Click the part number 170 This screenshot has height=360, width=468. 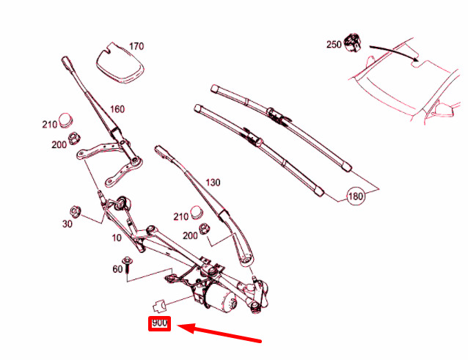[x=136, y=46]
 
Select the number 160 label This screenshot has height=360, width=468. [x=117, y=109]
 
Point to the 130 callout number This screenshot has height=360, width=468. [x=213, y=182]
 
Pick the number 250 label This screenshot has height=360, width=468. [x=334, y=45]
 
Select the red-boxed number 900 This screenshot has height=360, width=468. [x=160, y=323]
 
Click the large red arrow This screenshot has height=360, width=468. [x=219, y=334]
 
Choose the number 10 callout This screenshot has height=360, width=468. [x=117, y=238]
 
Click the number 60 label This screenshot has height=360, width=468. [x=117, y=269]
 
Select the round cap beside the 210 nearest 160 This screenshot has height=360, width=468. [x=66, y=118]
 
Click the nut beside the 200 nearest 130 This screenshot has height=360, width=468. [x=206, y=229]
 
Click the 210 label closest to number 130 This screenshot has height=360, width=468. [x=181, y=216]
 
